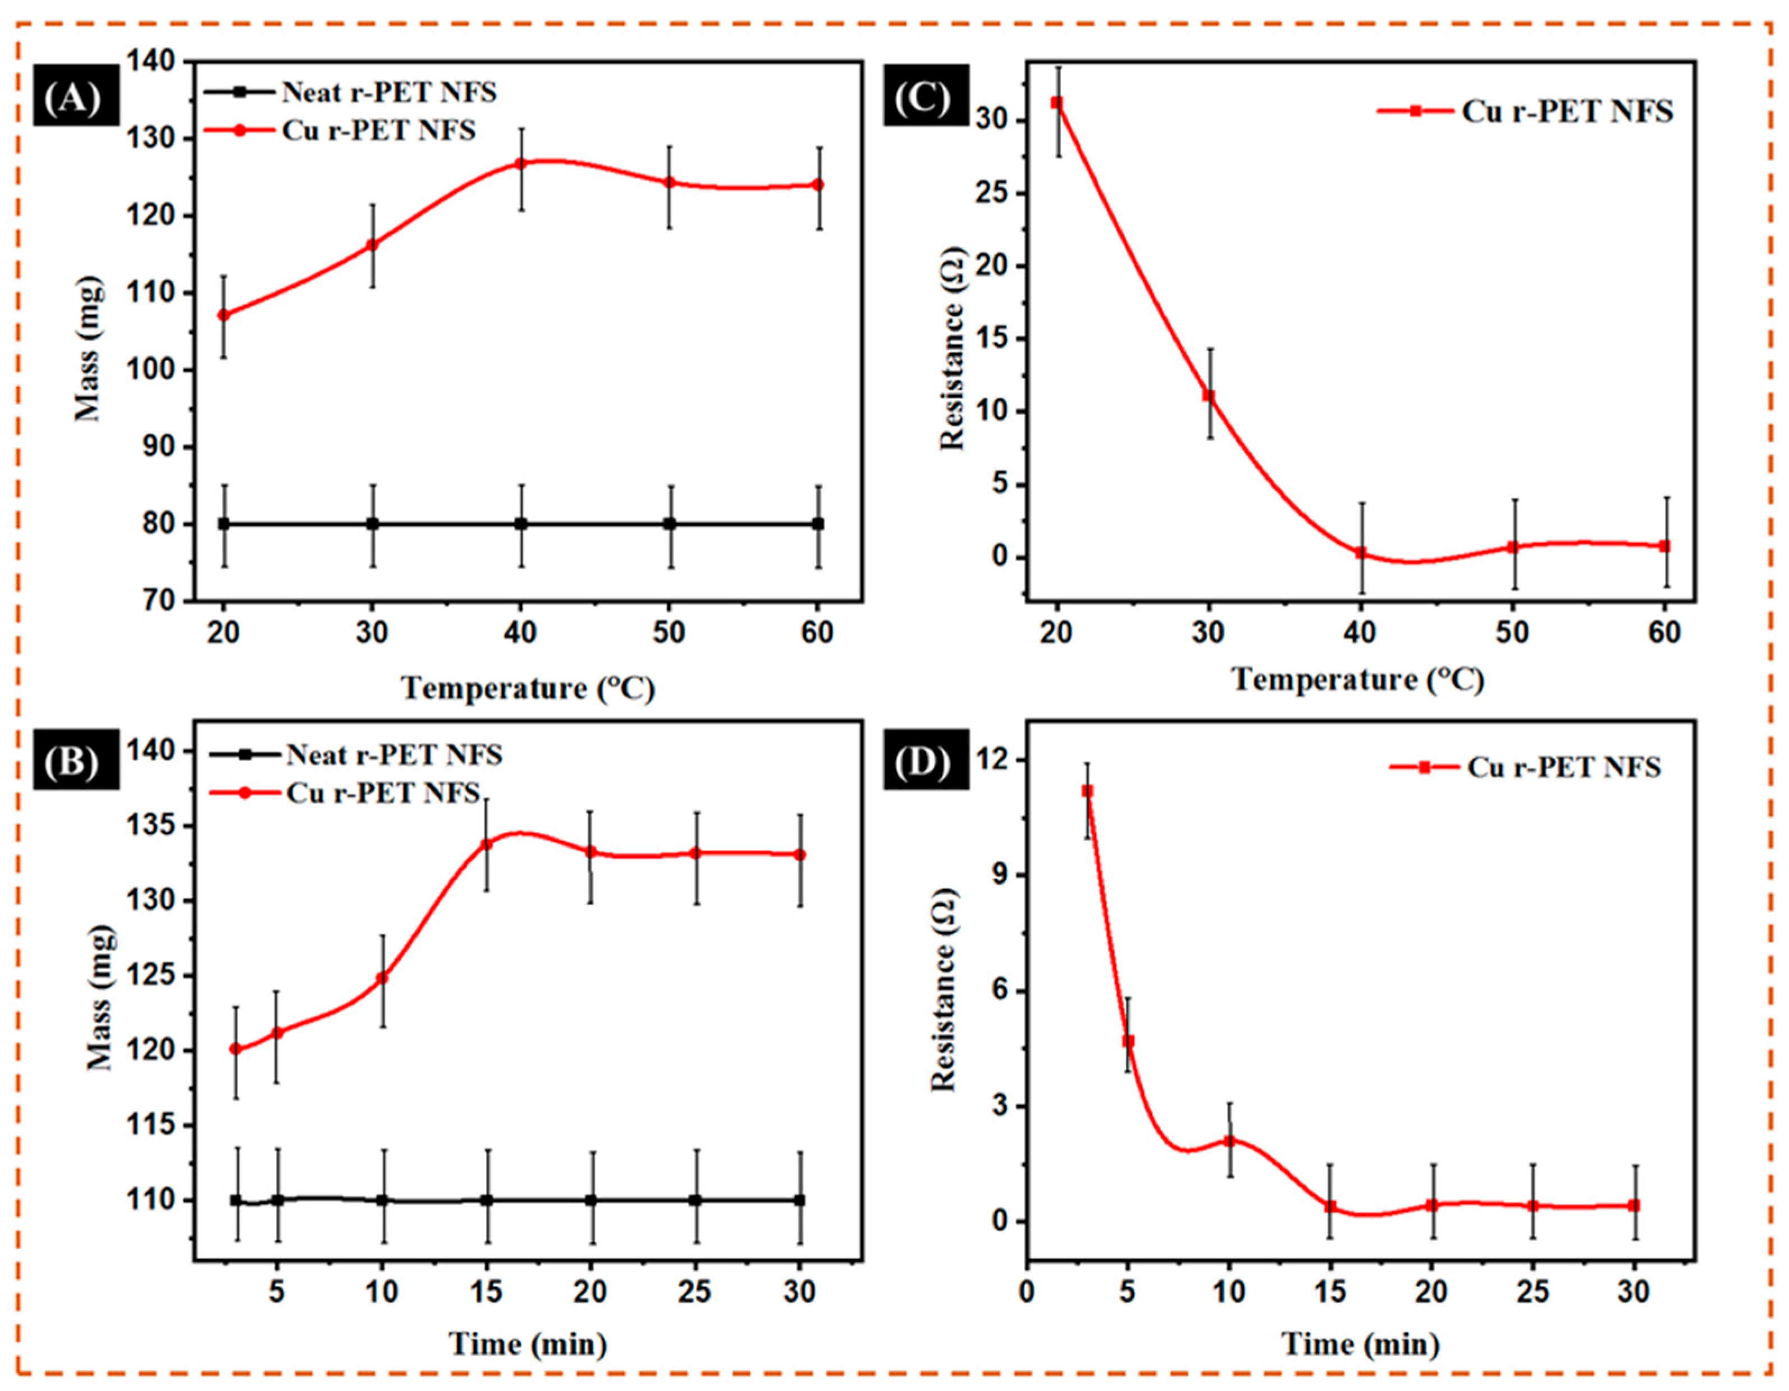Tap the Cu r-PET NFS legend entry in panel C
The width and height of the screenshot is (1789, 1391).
(1566, 111)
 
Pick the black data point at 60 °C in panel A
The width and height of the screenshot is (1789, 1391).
(817, 524)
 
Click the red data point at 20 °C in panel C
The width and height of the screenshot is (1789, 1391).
(1058, 102)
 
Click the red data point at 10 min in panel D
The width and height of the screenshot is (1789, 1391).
(1229, 1141)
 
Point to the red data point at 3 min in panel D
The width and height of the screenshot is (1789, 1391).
(1087, 790)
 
